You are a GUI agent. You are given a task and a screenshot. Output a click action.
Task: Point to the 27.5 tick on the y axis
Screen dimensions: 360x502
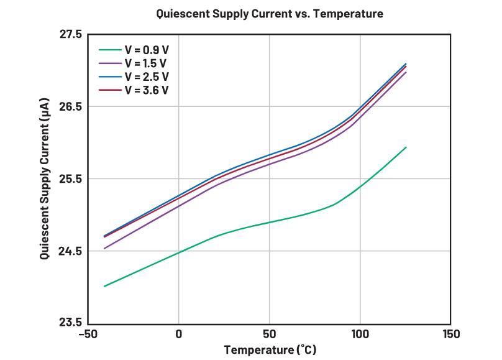[x=70, y=34]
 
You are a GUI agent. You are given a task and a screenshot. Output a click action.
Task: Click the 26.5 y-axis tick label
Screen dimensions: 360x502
[x=70, y=106]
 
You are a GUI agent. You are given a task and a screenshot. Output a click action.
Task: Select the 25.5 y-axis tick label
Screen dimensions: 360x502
[x=70, y=179]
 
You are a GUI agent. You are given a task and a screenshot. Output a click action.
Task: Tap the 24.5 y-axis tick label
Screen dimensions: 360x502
[x=70, y=251]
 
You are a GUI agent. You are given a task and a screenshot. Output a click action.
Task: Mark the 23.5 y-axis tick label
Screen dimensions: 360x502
[x=70, y=323]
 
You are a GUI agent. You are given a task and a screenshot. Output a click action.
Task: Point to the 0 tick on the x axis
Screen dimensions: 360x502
[x=178, y=335]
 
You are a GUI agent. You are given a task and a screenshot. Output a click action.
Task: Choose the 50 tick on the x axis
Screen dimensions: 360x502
[x=269, y=335]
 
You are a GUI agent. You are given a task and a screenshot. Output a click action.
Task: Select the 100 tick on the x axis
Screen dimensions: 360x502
[x=360, y=335]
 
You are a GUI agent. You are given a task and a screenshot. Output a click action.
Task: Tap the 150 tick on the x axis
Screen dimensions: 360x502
[x=450, y=335]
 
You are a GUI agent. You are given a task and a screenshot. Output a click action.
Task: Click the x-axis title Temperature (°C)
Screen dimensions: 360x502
[x=270, y=349]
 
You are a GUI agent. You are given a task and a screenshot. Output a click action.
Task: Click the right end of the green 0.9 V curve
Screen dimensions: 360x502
[x=406, y=147]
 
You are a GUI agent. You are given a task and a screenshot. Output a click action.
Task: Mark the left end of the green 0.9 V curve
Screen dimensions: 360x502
[x=104, y=286]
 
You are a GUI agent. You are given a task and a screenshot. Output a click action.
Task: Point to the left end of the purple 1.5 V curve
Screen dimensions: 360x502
[x=104, y=249]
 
